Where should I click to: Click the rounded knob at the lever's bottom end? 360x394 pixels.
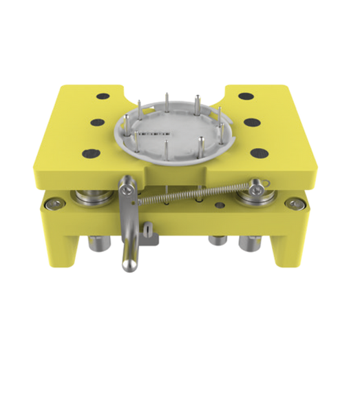click(127, 265)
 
